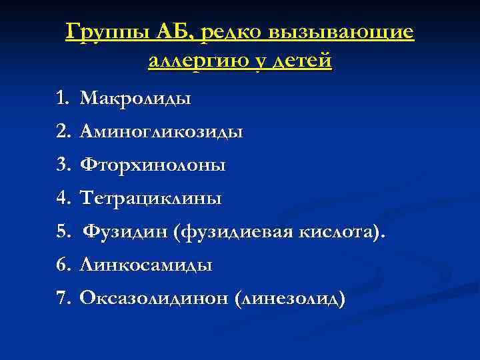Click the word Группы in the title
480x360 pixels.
pos(108,33)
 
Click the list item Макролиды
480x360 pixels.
pos(135,99)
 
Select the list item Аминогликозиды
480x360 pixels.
pos(161,132)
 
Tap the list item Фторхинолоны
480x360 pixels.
pos(153,165)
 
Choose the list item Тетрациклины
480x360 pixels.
pos(151,198)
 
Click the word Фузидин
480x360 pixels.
pos(125,231)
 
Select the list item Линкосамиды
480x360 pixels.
pos(146,265)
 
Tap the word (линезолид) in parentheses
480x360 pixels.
pos(289,299)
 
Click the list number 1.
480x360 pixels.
pos(63,99)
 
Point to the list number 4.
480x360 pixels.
pos(63,198)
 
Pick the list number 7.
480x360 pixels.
pos(63,298)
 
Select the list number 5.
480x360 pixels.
pos(63,231)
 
